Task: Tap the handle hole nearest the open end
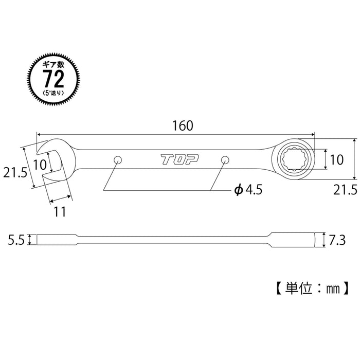(117, 159)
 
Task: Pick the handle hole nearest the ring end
(225, 159)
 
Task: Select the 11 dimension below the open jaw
(60, 210)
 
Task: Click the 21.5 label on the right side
(345, 191)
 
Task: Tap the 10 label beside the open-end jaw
(40, 165)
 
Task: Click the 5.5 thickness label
(15, 239)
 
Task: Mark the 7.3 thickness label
(337, 239)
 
